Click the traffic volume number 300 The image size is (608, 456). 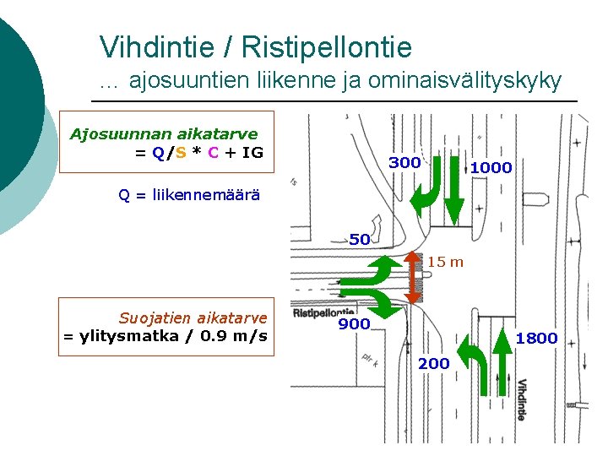(x=404, y=162)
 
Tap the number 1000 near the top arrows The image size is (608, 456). (x=491, y=168)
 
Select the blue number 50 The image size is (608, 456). (x=360, y=239)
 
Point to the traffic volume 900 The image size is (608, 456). (x=354, y=323)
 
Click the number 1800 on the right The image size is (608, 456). (x=536, y=339)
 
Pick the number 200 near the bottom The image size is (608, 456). (x=433, y=363)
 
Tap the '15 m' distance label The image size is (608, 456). (x=445, y=262)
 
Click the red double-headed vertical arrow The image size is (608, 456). (x=413, y=277)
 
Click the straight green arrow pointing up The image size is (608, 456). (x=503, y=365)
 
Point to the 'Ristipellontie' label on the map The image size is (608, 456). (x=323, y=312)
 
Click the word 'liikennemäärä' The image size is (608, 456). (x=207, y=195)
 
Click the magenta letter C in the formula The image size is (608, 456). (x=214, y=153)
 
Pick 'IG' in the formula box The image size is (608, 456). (x=252, y=153)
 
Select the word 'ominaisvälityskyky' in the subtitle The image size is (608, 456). (x=470, y=80)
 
